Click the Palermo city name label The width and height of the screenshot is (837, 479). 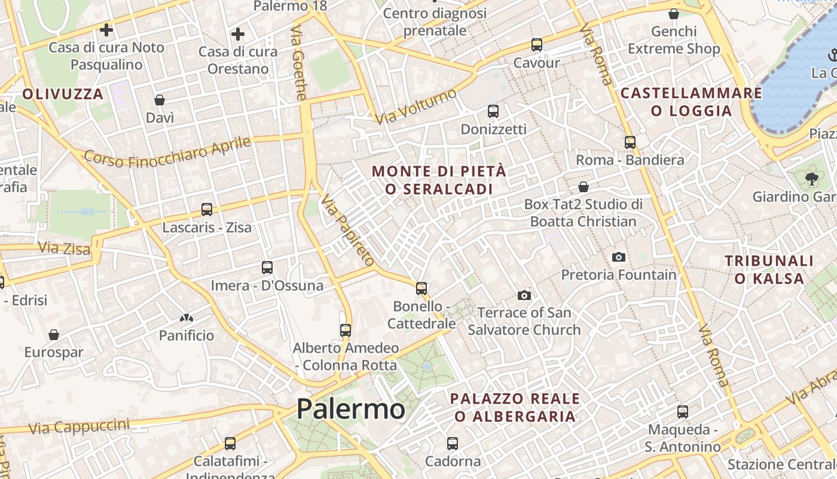(x=351, y=409)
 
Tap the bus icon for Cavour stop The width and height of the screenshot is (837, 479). (x=537, y=44)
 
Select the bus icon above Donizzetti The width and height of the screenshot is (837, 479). (x=493, y=111)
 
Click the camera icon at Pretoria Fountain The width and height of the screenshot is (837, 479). (x=619, y=257)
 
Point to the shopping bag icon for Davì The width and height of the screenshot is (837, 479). (x=160, y=99)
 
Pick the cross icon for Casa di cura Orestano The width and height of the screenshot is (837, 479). (x=238, y=34)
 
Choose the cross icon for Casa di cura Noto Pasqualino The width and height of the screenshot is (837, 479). (x=106, y=29)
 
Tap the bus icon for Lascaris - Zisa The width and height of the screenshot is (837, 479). (x=207, y=210)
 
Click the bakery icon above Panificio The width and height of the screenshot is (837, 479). (x=187, y=318)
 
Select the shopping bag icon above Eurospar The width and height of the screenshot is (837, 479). (x=54, y=334)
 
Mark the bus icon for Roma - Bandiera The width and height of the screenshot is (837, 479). (x=630, y=142)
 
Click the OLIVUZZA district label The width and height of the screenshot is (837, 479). (x=63, y=94)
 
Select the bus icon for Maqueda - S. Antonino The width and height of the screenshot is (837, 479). (x=683, y=412)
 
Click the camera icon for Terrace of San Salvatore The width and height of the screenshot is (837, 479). (x=524, y=295)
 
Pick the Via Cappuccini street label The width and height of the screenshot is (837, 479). (x=79, y=426)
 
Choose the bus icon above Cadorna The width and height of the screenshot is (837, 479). (x=453, y=444)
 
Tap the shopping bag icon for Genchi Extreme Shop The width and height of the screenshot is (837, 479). (x=674, y=13)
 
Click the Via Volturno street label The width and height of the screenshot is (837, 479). (x=416, y=106)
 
